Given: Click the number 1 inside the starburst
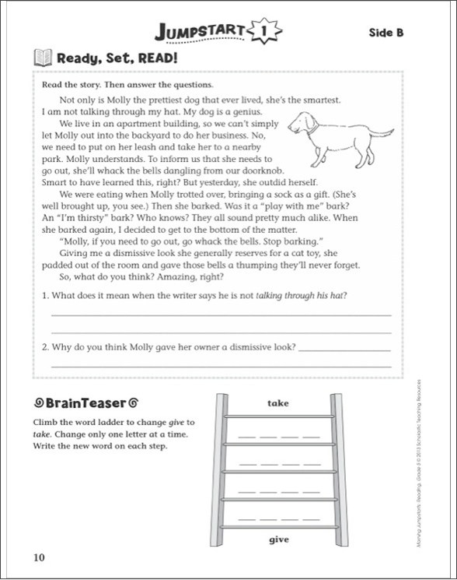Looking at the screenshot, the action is point(264,31).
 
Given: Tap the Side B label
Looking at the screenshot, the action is point(386,33).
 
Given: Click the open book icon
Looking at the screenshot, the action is point(43,58).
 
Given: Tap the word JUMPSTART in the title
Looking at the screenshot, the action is point(200,32).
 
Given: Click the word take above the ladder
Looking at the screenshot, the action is point(278,403).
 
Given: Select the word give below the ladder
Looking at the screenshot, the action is point(279,540).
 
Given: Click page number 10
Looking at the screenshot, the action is point(39,557).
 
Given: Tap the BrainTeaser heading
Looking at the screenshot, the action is point(86,402).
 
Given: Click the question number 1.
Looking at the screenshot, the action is point(45,296).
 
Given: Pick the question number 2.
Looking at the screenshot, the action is point(45,347).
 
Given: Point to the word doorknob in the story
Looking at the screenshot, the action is point(263,171).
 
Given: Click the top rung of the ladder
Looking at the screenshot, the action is point(279,417).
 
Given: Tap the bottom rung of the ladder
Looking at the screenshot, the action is point(279,527).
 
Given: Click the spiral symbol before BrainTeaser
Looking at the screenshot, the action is point(38,402).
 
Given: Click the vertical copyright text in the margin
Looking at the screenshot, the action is point(419,463).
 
